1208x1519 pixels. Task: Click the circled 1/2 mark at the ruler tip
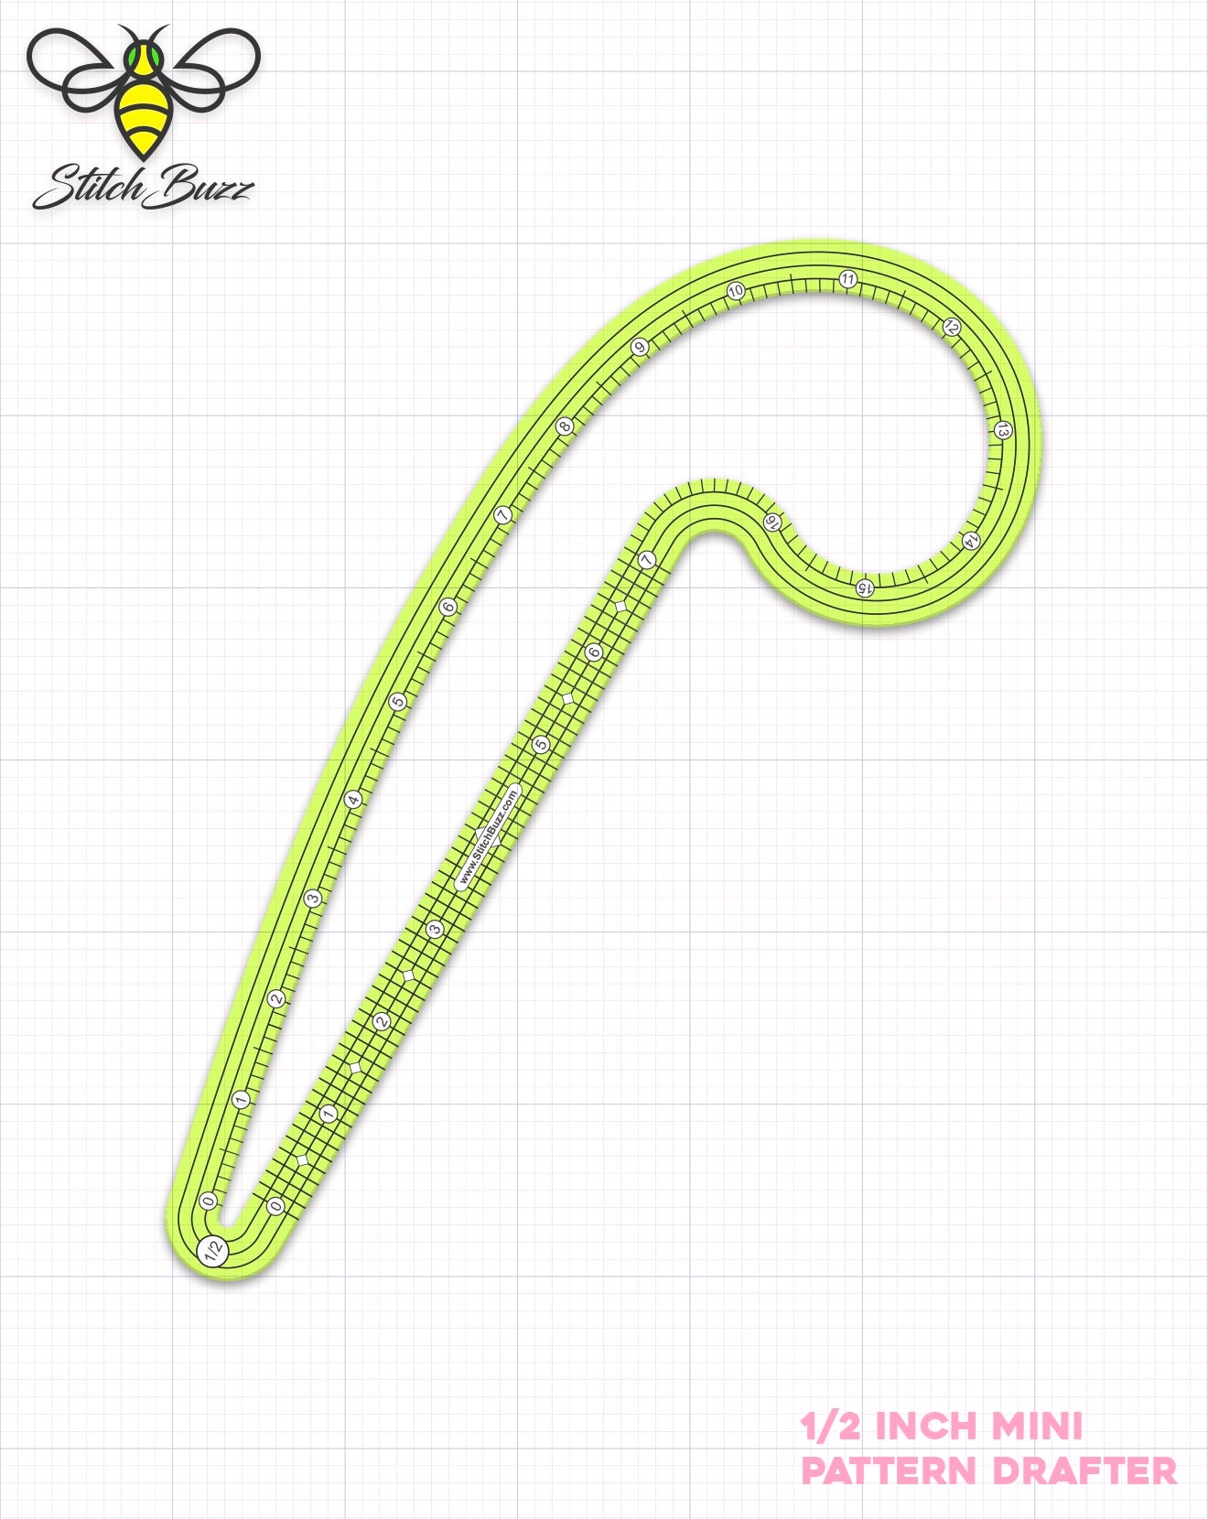214,1250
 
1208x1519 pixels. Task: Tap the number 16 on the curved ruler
771,522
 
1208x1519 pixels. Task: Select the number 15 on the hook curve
865,587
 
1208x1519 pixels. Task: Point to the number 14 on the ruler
971,541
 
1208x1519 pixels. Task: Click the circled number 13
1004,430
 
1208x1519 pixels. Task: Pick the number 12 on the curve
952,327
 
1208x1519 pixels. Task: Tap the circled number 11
847,279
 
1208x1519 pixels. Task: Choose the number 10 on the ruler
736,291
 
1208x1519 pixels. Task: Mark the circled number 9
640,347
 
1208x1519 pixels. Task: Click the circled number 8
566,426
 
